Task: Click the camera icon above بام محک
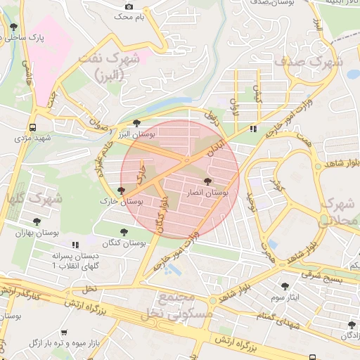pos(129,6)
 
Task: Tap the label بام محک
pos(124,15)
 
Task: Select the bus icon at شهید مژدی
pos(32,127)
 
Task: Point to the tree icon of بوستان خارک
pos(122,190)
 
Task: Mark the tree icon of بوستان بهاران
pos(37,221)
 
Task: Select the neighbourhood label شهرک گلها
pos(31,198)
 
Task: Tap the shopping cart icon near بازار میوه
pos(64,332)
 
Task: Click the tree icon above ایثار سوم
pos(285,286)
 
